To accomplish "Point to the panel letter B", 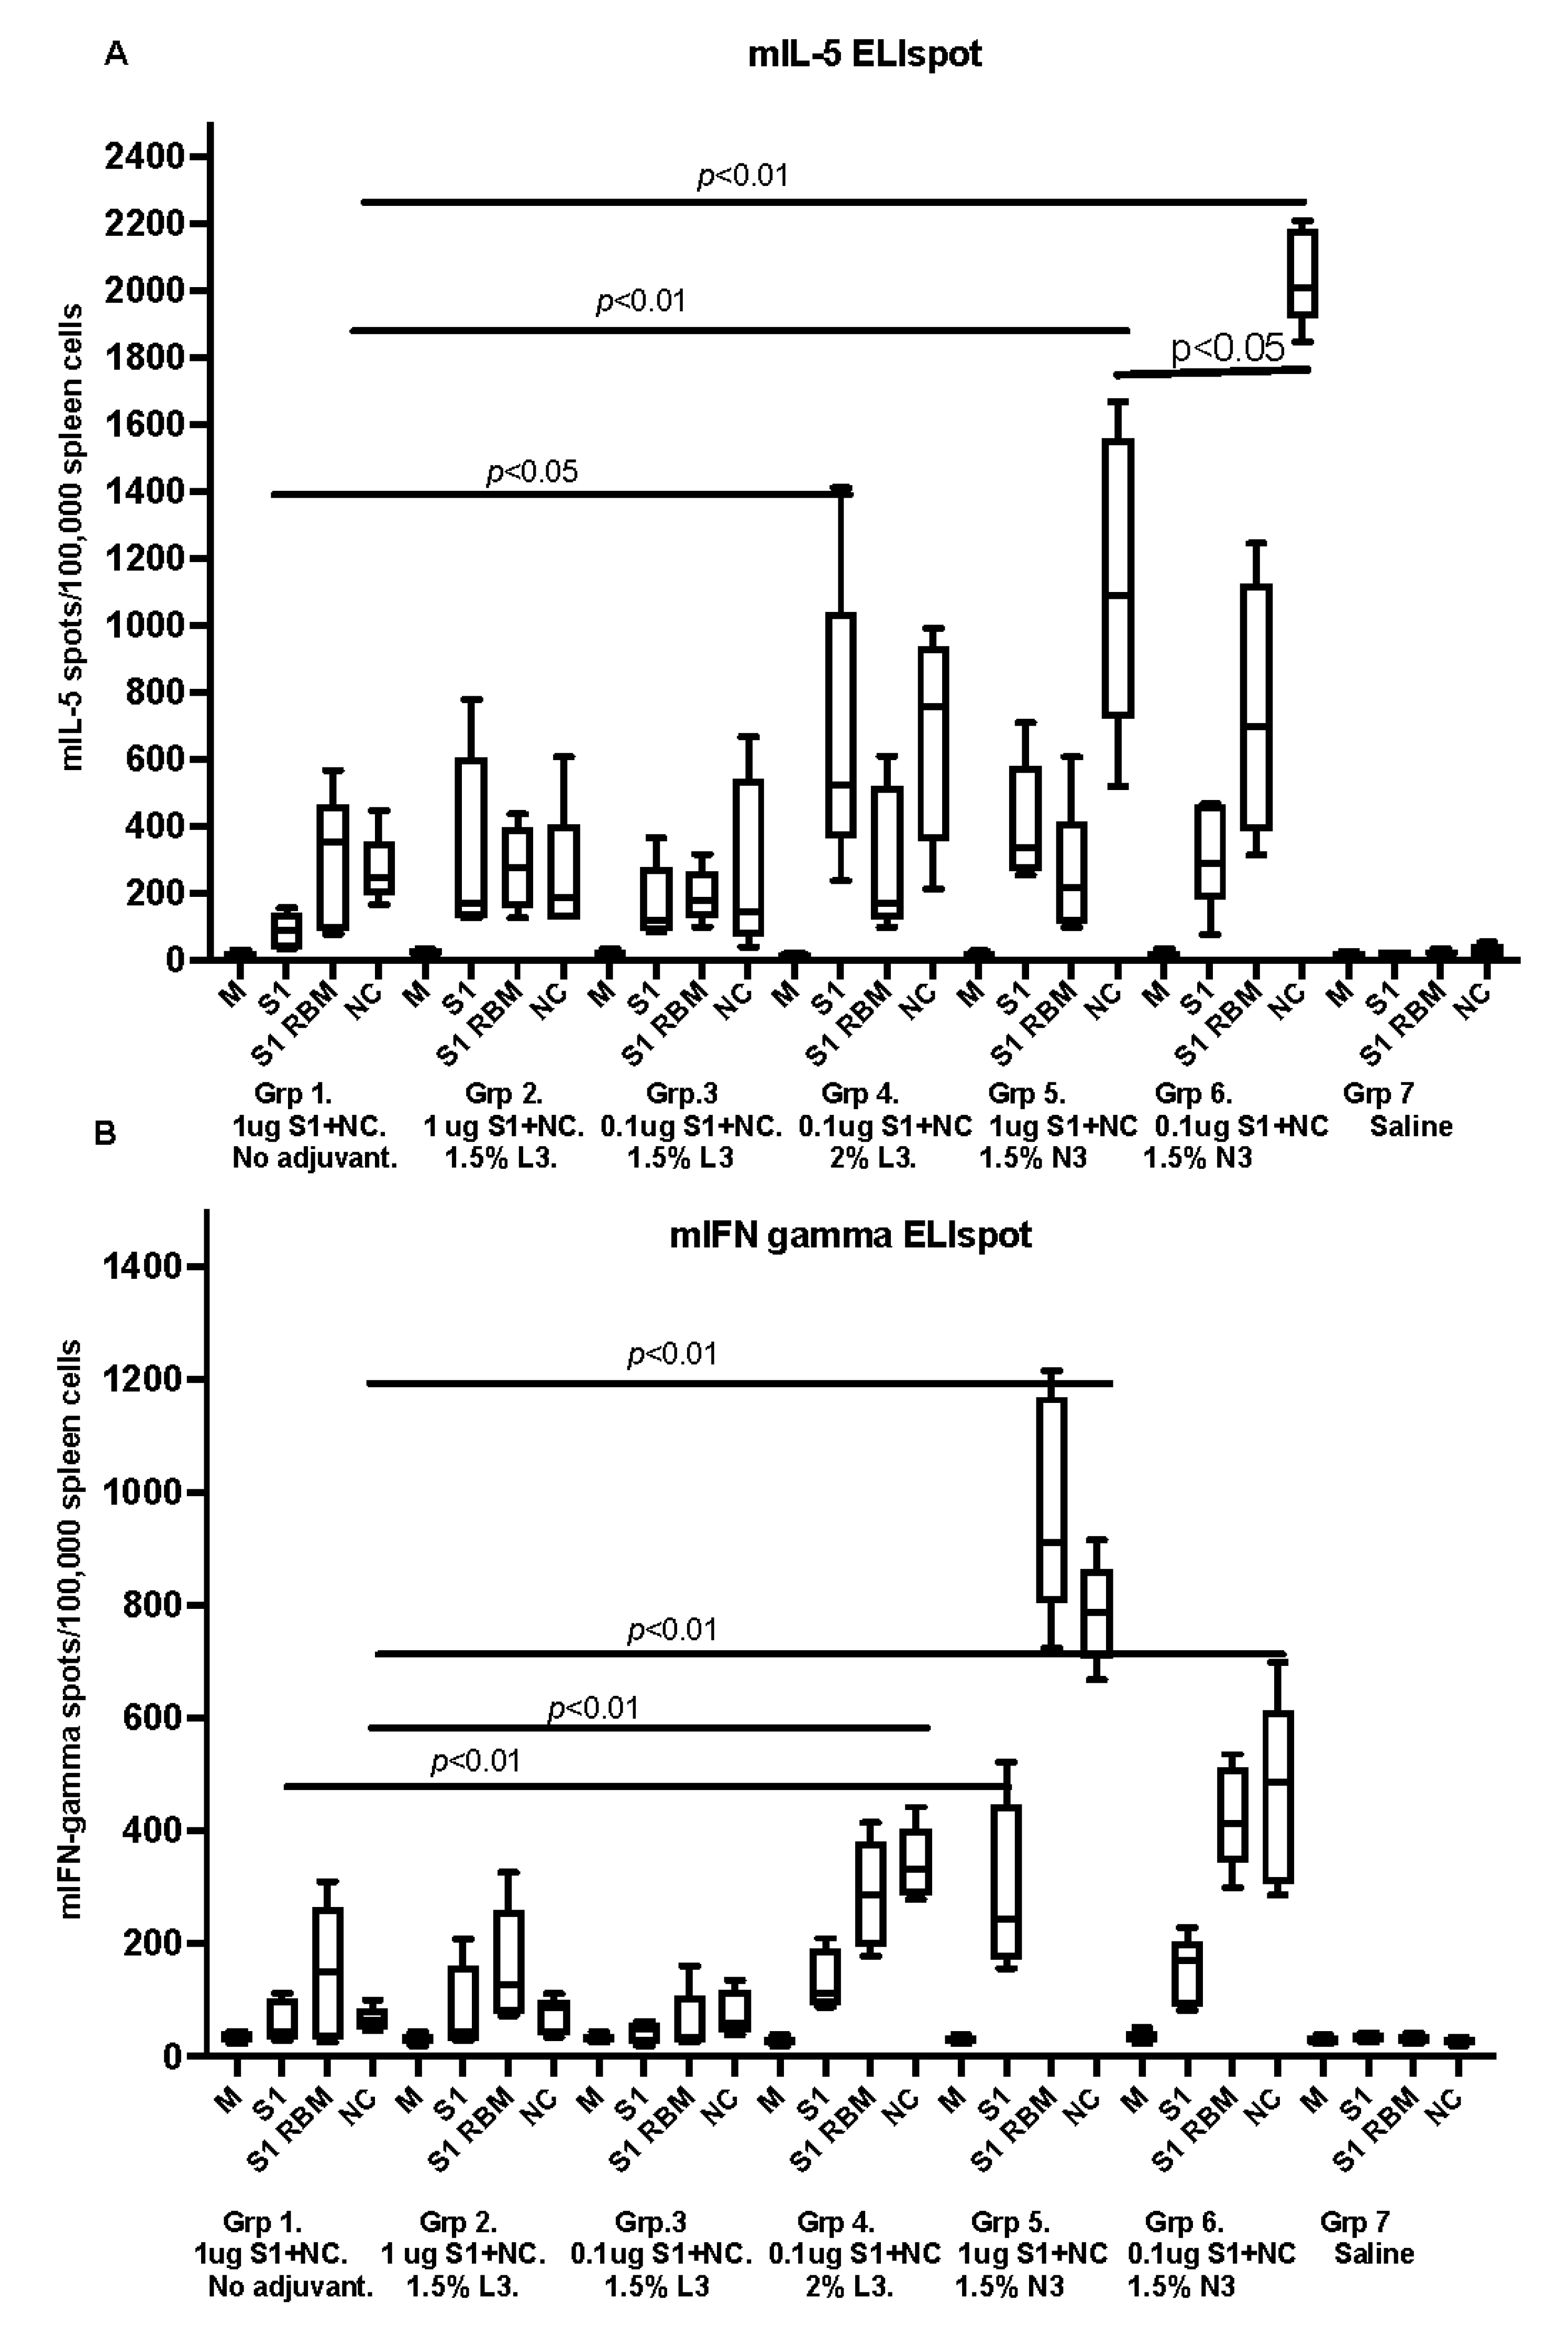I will coord(104,1133).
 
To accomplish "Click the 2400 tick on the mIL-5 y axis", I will coord(145,157).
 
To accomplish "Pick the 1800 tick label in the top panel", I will coord(145,358).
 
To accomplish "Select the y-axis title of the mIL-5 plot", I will coord(72,537).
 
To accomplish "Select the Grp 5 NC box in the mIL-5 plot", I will coord(1119,577).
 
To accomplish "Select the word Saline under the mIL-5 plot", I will coord(1411,1126).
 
